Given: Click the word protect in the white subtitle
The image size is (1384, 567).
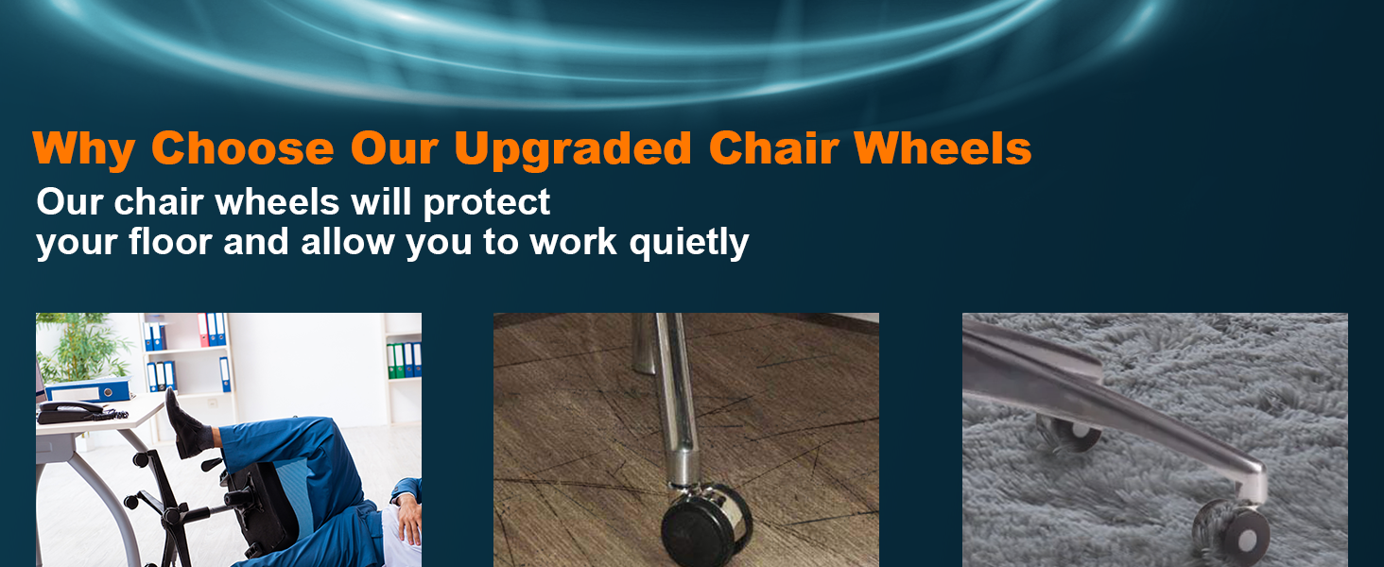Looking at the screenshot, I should [486, 202].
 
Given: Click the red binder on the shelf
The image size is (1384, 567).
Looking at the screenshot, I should [203, 330].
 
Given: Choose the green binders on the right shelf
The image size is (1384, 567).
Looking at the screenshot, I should [404, 360].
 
